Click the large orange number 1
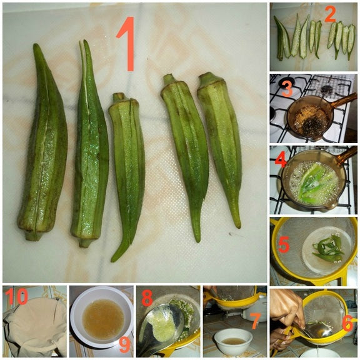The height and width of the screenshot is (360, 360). (127, 44)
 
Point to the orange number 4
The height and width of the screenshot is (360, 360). (281, 160)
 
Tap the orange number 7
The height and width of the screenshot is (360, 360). (255, 321)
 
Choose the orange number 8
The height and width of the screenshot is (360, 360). (147, 297)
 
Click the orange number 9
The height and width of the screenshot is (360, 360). (125, 344)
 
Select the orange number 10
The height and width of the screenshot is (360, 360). (16, 296)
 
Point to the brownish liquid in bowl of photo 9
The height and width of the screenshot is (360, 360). (103, 319)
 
